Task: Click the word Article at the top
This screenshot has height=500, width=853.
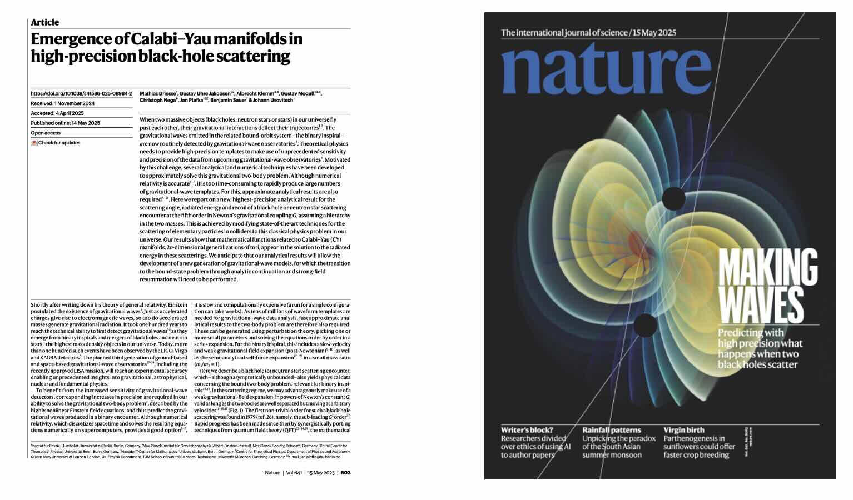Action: pyautogui.click(x=44, y=22)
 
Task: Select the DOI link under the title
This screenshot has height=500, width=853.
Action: pyautogui.click(x=81, y=94)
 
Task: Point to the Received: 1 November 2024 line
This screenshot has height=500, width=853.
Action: pyautogui.click(x=62, y=103)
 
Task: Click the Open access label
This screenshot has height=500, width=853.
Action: pyautogui.click(x=46, y=133)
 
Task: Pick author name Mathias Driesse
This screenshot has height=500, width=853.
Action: pyautogui.click(x=158, y=93)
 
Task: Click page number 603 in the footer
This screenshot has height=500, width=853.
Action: pyautogui.click(x=345, y=473)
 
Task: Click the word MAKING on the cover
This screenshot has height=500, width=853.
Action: pyautogui.click(x=768, y=268)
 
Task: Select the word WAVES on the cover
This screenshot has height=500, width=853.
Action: pyautogui.click(x=761, y=305)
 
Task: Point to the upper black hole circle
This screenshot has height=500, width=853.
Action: pyautogui.click(x=673, y=198)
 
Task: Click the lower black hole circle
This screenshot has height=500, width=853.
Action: pyautogui.click(x=645, y=325)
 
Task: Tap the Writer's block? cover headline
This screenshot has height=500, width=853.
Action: pyautogui.click(x=527, y=430)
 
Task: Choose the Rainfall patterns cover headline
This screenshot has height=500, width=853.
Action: pyautogui.click(x=611, y=430)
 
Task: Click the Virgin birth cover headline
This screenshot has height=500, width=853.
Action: pyautogui.click(x=683, y=430)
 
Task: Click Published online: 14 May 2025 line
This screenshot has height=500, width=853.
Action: pyautogui.click(x=65, y=123)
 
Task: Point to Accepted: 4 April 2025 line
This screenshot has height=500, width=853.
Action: pyautogui.click(x=57, y=113)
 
